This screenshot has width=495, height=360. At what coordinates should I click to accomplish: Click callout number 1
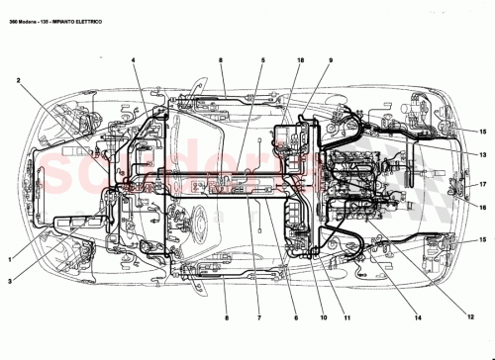[x=11, y=259]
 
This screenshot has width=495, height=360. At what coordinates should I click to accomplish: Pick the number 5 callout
[x=262, y=61]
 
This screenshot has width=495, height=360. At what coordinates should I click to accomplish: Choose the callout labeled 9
[x=331, y=61]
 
